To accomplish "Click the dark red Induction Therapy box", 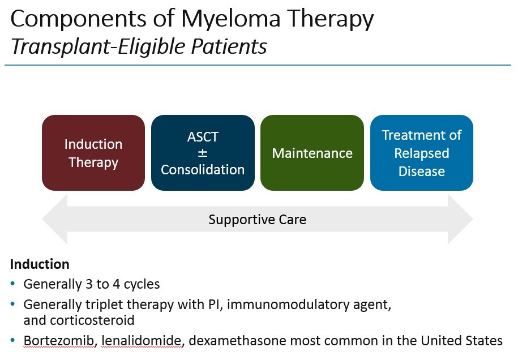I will click(93, 153).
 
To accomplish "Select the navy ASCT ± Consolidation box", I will click(203, 153).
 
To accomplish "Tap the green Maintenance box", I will click(312, 153).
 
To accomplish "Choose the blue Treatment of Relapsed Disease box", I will click(421, 153).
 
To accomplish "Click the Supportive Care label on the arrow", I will click(258, 220).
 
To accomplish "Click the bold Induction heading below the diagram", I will click(40, 264).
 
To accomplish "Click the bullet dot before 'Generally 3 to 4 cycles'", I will click(14, 284).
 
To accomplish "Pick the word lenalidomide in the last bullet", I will click(122, 341).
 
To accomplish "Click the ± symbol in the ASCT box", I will click(203, 153).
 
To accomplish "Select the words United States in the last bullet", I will click(464, 341).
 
